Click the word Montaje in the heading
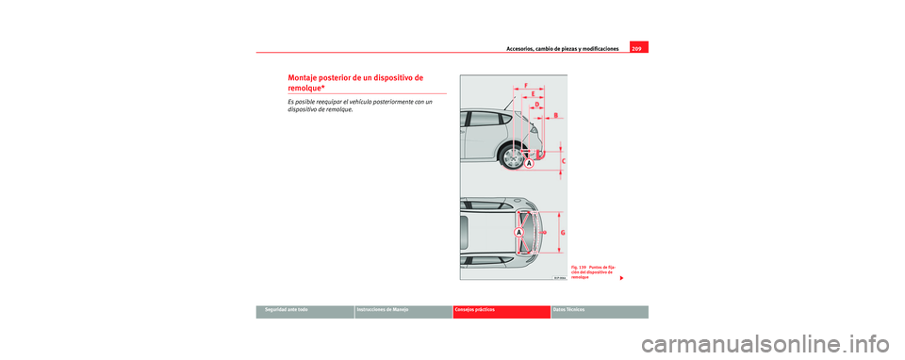(304, 77)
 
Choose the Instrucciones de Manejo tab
(388, 310)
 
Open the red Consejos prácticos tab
(479, 310)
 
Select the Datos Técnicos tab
(572, 310)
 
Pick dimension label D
(537, 105)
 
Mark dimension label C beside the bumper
(564, 161)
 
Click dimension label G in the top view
(564, 231)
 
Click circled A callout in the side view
(529, 163)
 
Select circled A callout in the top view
(518, 231)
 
